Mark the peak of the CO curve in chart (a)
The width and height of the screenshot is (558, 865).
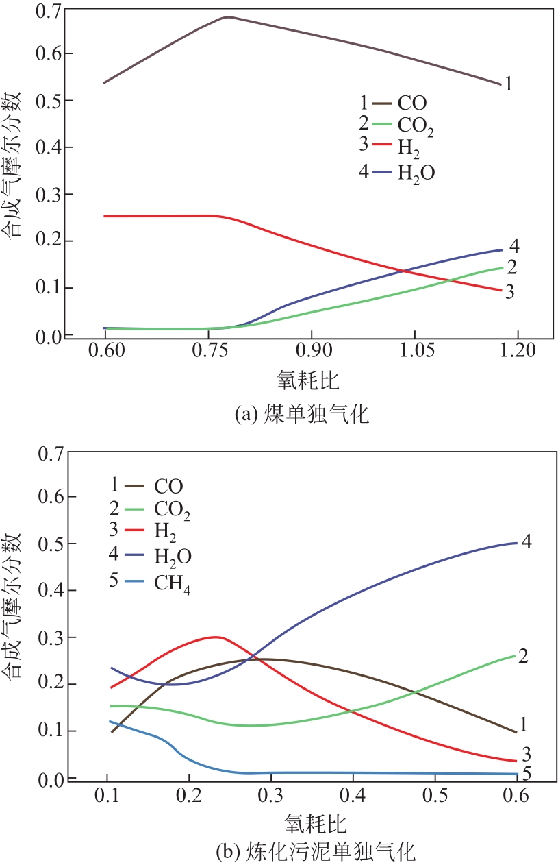[228, 17]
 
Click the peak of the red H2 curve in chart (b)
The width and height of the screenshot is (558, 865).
[216, 637]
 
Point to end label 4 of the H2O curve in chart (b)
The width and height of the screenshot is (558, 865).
[527, 541]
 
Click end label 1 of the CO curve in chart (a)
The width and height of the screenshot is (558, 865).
[508, 85]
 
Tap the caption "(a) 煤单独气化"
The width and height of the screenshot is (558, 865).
[301, 415]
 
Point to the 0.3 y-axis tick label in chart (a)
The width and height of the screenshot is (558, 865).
[51, 194]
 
